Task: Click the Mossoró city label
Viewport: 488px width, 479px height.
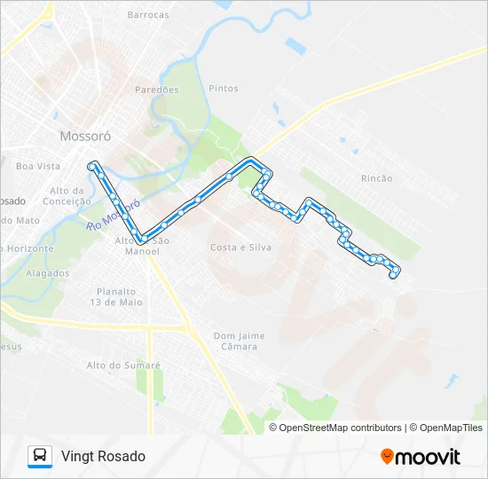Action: [x=84, y=137]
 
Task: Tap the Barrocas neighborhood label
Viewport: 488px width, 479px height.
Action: [x=148, y=15]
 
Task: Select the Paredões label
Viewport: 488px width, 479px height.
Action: [x=157, y=90]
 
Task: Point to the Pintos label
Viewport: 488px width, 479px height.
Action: [x=223, y=89]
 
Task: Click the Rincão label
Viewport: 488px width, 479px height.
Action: [x=377, y=178]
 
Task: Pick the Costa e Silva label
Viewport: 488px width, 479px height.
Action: [x=240, y=247]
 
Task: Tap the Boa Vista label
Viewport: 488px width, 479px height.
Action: [x=38, y=166]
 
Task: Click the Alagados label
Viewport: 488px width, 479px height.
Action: [x=48, y=273]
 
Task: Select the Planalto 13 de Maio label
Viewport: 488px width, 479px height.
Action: [x=116, y=296]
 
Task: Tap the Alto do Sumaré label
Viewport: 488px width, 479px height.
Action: [x=123, y=365]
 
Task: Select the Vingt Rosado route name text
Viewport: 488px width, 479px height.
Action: [x=103, y=456]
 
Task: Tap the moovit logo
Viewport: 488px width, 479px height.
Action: [x=421, y=456]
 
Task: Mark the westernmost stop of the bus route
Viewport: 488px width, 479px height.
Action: [x=91, y=165]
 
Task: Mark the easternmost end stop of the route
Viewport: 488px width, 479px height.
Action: [x=393, y=276]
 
